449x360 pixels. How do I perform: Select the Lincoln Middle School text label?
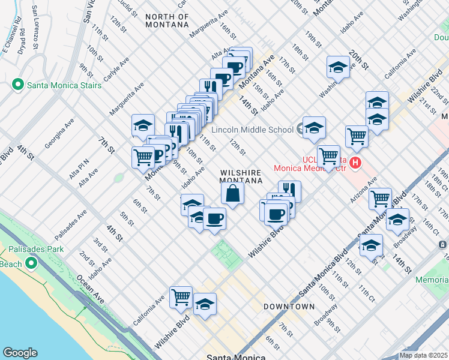pos(252,130)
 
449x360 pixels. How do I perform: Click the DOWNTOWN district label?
pos(289,307)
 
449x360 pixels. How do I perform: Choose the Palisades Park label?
pos(34,249)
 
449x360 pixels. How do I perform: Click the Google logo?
pos(20,353)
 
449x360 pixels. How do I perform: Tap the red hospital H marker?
pos(355,163)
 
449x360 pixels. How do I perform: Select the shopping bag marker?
pos(232,193)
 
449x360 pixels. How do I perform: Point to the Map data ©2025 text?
pos(423,355)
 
